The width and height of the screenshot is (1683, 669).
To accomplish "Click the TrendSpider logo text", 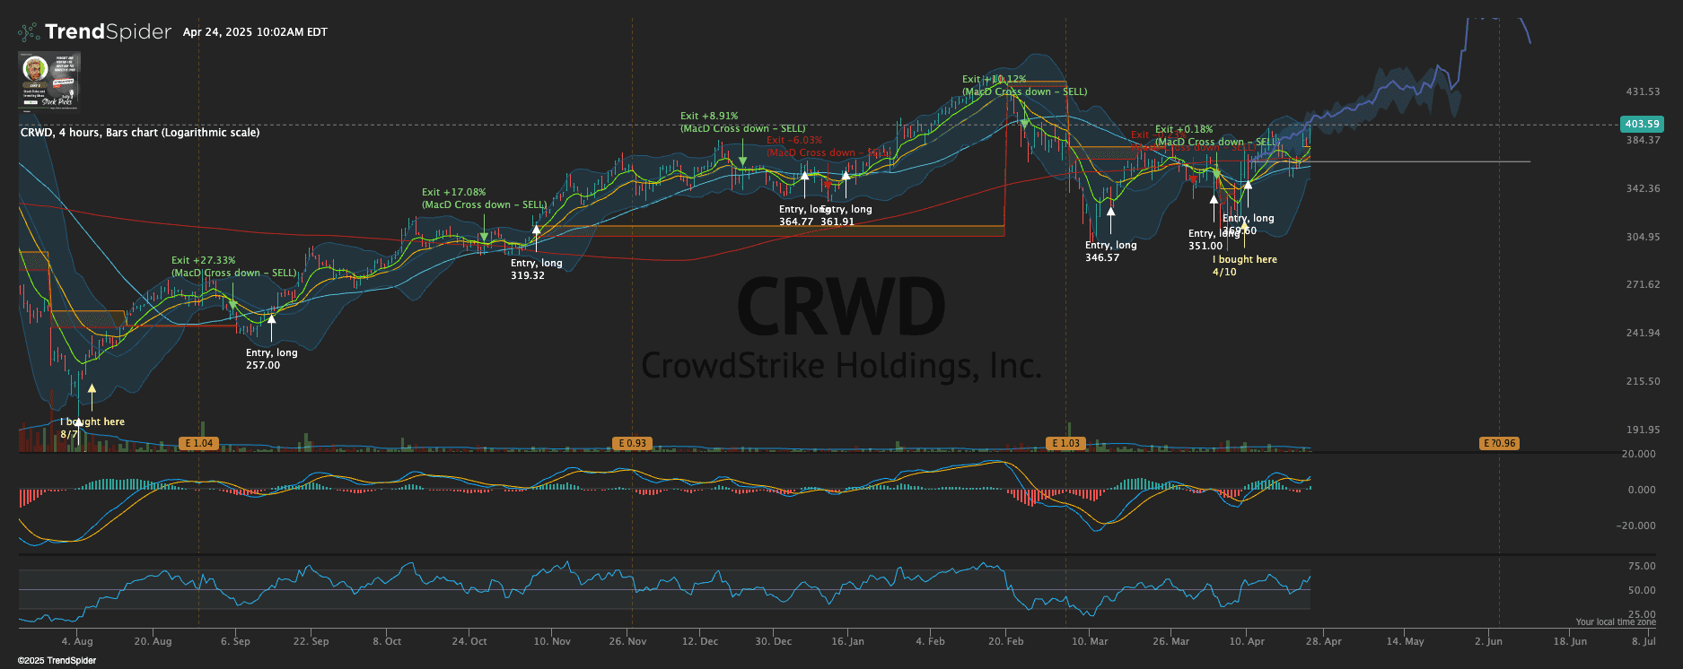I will coord(107,32).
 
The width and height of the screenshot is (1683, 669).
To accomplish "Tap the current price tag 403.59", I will coord(1642,124).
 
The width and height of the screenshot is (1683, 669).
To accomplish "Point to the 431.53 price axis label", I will coord(1643,91).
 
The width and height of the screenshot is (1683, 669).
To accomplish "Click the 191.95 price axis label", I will coord(1643,430).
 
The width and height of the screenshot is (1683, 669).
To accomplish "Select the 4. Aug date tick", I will coord(77,641).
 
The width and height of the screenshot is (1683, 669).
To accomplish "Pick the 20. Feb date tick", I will coord(1006,641).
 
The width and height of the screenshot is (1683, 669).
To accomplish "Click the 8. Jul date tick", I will coord(1644,641).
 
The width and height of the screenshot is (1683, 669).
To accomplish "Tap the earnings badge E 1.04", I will coord(198,443).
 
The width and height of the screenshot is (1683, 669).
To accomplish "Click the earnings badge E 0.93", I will coord(633,443).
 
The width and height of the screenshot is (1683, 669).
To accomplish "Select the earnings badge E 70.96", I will coord(1499,443).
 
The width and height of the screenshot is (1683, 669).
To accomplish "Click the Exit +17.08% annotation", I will coord(453,192).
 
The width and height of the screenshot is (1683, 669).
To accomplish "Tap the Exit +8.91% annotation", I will coord(709,116).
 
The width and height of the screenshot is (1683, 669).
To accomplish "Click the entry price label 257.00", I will coord(263,365).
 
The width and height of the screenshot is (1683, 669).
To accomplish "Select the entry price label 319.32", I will coord(528,275).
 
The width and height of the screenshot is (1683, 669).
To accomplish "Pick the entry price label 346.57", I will coord(1102,257).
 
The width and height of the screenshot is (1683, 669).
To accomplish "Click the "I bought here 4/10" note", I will coord(1244,265).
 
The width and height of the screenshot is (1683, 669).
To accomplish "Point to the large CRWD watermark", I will coord(841,307).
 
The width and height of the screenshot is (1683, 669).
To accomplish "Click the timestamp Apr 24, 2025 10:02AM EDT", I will coord(255,32).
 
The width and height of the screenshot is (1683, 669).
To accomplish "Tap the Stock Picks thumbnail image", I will coord(49,80).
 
